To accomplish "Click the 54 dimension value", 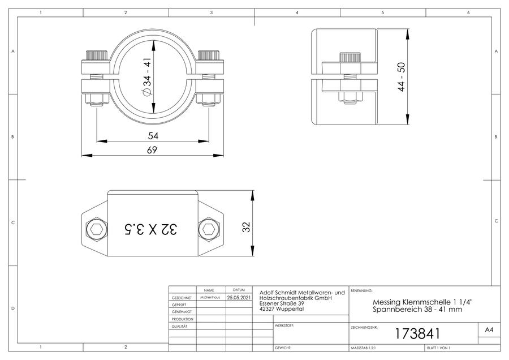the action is click(x=153, y=135).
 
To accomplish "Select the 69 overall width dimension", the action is click(x=152, y=150).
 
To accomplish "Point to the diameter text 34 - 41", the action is click(x=147, y=76).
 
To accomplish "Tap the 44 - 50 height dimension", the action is click(x=402, y=76).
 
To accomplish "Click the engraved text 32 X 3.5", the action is click(x=150, y=229).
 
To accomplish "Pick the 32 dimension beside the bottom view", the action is click(x=247, y=227).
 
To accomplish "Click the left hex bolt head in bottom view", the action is click(x=97, y=229).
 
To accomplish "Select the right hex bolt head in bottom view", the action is click(x=208, y=229).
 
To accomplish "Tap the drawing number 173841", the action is click(x=417, y=333).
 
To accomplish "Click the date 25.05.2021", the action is click(x=239, y=297).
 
